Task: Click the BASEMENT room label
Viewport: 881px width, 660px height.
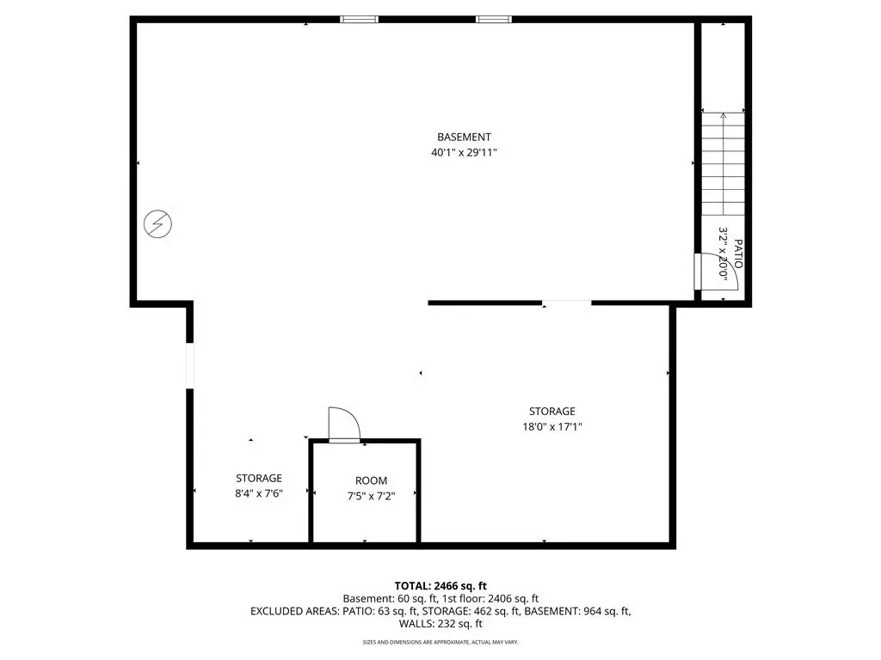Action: (464, 137)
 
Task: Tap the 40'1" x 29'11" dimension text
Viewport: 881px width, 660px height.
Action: (464, 152)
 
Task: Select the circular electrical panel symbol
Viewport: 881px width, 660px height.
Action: (158, 224)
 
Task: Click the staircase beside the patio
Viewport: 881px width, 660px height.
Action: (723, 163)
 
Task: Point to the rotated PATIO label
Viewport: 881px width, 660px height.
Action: (737, 254)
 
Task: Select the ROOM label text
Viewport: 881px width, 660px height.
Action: (371, 481)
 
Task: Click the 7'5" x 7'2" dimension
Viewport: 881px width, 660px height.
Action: (371, 496)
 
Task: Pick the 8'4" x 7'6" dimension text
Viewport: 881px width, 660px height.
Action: (258, 494)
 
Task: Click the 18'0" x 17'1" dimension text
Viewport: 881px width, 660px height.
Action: (551, 426)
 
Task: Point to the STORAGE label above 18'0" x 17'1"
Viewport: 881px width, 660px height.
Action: (551, 412)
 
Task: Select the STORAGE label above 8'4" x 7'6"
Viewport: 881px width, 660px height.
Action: (258, 478)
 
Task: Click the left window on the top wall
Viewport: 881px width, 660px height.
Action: (359, 20)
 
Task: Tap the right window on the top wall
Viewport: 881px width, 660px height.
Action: (494, 20)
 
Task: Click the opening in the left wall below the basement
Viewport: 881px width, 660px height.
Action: (190, 365)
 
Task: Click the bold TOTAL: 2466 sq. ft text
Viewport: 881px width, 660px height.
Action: (440, 586)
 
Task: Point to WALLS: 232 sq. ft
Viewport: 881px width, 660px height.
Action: (440, 624)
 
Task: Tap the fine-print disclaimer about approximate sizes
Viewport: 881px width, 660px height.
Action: (440, 642)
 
